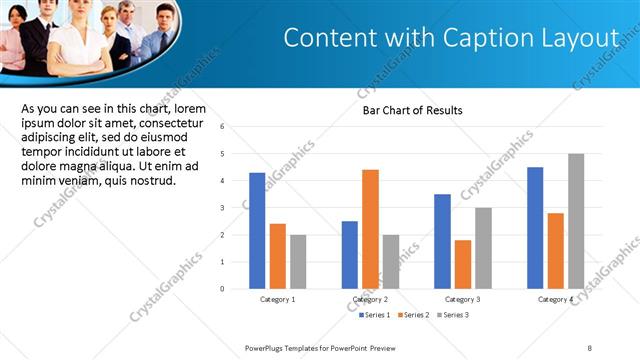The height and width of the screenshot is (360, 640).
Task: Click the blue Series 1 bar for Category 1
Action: point(257,230)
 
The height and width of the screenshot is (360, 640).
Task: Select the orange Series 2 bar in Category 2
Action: point(370,229)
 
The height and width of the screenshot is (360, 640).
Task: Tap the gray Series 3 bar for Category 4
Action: point(576,221)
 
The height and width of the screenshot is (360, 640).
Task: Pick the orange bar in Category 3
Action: point(462,264)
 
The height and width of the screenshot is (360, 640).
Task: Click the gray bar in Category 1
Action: point(298,261)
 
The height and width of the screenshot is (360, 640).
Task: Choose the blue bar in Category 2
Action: point(350,254)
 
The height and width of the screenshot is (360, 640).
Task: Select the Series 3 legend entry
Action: point(452,315)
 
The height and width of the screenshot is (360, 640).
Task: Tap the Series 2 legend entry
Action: point(415,315)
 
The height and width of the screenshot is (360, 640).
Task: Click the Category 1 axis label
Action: point(277,300)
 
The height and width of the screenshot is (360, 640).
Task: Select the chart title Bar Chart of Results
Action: point(412,110)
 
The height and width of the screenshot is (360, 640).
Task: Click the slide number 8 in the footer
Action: point(590,346)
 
